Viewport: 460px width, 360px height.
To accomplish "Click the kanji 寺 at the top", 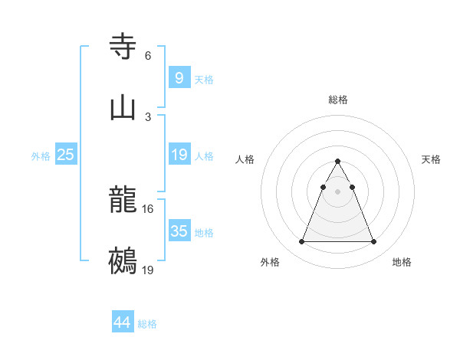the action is [123, 47].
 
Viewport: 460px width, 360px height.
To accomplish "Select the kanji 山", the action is [123, 108].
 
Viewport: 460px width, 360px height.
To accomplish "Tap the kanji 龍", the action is [123, 200].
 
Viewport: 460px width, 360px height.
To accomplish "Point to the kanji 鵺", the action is [123, 261].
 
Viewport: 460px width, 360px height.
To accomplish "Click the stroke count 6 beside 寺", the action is [147, 56].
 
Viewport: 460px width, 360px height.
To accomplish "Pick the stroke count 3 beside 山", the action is [147, 117].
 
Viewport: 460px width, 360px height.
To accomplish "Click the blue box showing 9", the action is [179, 77].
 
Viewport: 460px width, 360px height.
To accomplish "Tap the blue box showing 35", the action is [179, 231].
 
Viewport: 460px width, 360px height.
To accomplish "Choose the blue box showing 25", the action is [65, 155].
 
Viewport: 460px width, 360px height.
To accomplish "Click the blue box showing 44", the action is [122, 322].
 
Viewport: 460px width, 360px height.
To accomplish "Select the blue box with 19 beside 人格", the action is [179, 155].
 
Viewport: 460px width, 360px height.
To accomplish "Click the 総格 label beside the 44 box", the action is [147, 324].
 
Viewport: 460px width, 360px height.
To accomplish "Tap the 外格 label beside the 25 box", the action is [41, 156].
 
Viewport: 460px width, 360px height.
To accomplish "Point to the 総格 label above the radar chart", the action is [337, 100].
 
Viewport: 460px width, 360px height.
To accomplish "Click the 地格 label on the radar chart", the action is [402, 263].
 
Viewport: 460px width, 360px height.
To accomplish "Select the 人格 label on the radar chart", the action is [245, 159].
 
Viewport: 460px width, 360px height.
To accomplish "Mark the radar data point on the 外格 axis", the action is [301, 242].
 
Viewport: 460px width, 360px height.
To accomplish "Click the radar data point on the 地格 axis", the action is [373, 242].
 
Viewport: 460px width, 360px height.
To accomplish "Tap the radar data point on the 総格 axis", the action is [337, 161].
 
